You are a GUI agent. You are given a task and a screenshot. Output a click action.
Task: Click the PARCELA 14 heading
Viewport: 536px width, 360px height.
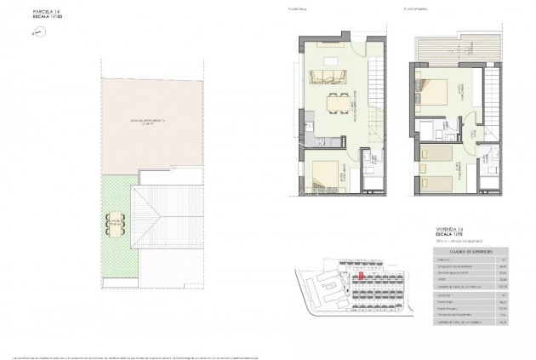[x=24, y=11]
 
